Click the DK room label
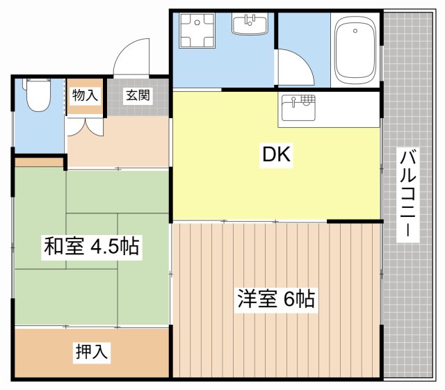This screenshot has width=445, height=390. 275,156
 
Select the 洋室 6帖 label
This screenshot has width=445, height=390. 276,300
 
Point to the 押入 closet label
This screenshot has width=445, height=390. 92,352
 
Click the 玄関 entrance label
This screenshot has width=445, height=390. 137,96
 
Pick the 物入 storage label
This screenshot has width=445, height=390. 85,96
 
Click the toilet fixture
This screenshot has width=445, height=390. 38,97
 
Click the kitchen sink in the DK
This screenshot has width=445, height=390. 298,107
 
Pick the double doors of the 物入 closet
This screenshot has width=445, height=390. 85,124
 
